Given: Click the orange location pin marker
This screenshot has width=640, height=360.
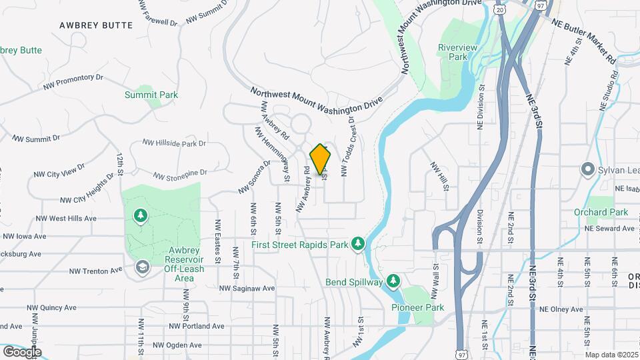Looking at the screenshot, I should [321, 159].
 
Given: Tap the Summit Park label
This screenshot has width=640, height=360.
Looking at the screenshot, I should [151, 95].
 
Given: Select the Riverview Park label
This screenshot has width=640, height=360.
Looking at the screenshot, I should [453, 52].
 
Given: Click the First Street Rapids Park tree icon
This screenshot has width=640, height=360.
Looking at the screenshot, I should [358, 244].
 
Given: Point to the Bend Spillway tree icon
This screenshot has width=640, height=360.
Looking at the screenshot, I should [393, 281].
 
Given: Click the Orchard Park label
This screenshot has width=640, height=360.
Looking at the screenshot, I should [601, 212].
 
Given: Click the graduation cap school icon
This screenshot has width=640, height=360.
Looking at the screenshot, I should [141, 267].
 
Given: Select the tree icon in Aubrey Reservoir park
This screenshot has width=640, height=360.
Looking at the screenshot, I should [141, 215].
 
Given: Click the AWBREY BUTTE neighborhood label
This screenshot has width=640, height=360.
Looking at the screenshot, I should [96, 25].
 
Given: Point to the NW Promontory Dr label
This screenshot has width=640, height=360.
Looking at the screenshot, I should [73, 82].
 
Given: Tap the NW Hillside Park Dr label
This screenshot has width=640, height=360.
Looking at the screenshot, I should [174, 143].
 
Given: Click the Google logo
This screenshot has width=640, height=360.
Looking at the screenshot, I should [22, 351].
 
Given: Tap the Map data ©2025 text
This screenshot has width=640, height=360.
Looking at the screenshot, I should [611, 355].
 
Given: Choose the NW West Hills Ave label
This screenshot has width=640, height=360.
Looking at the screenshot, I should [66, 219].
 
